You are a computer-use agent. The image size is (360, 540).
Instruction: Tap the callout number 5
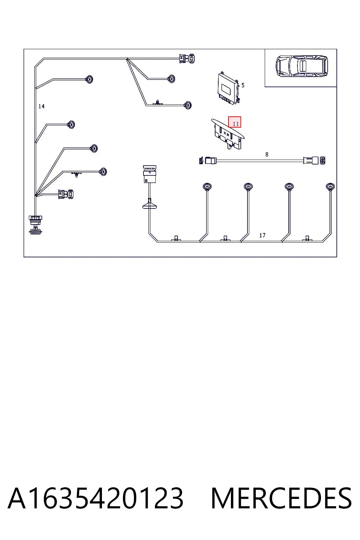(243, 85)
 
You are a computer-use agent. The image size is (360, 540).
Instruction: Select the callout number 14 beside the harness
(41, 106)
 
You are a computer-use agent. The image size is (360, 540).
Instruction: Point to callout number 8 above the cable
(267, 154)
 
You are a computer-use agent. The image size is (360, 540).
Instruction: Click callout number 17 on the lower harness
(262, 235)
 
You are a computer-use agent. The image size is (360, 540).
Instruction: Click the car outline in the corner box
(302, 66)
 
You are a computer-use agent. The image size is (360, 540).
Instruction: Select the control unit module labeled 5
(229, 89)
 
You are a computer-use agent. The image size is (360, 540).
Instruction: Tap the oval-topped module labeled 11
(228, 134)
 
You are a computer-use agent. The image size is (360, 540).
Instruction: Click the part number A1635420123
(95, 498)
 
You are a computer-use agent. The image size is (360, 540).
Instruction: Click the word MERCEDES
(281, 498)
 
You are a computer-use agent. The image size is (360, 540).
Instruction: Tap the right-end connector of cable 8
(314, 160)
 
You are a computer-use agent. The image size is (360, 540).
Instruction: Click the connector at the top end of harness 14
(187, 58)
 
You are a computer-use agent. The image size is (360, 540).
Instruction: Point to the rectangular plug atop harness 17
(150, 174)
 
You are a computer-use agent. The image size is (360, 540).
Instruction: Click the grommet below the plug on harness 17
(150, 204)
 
